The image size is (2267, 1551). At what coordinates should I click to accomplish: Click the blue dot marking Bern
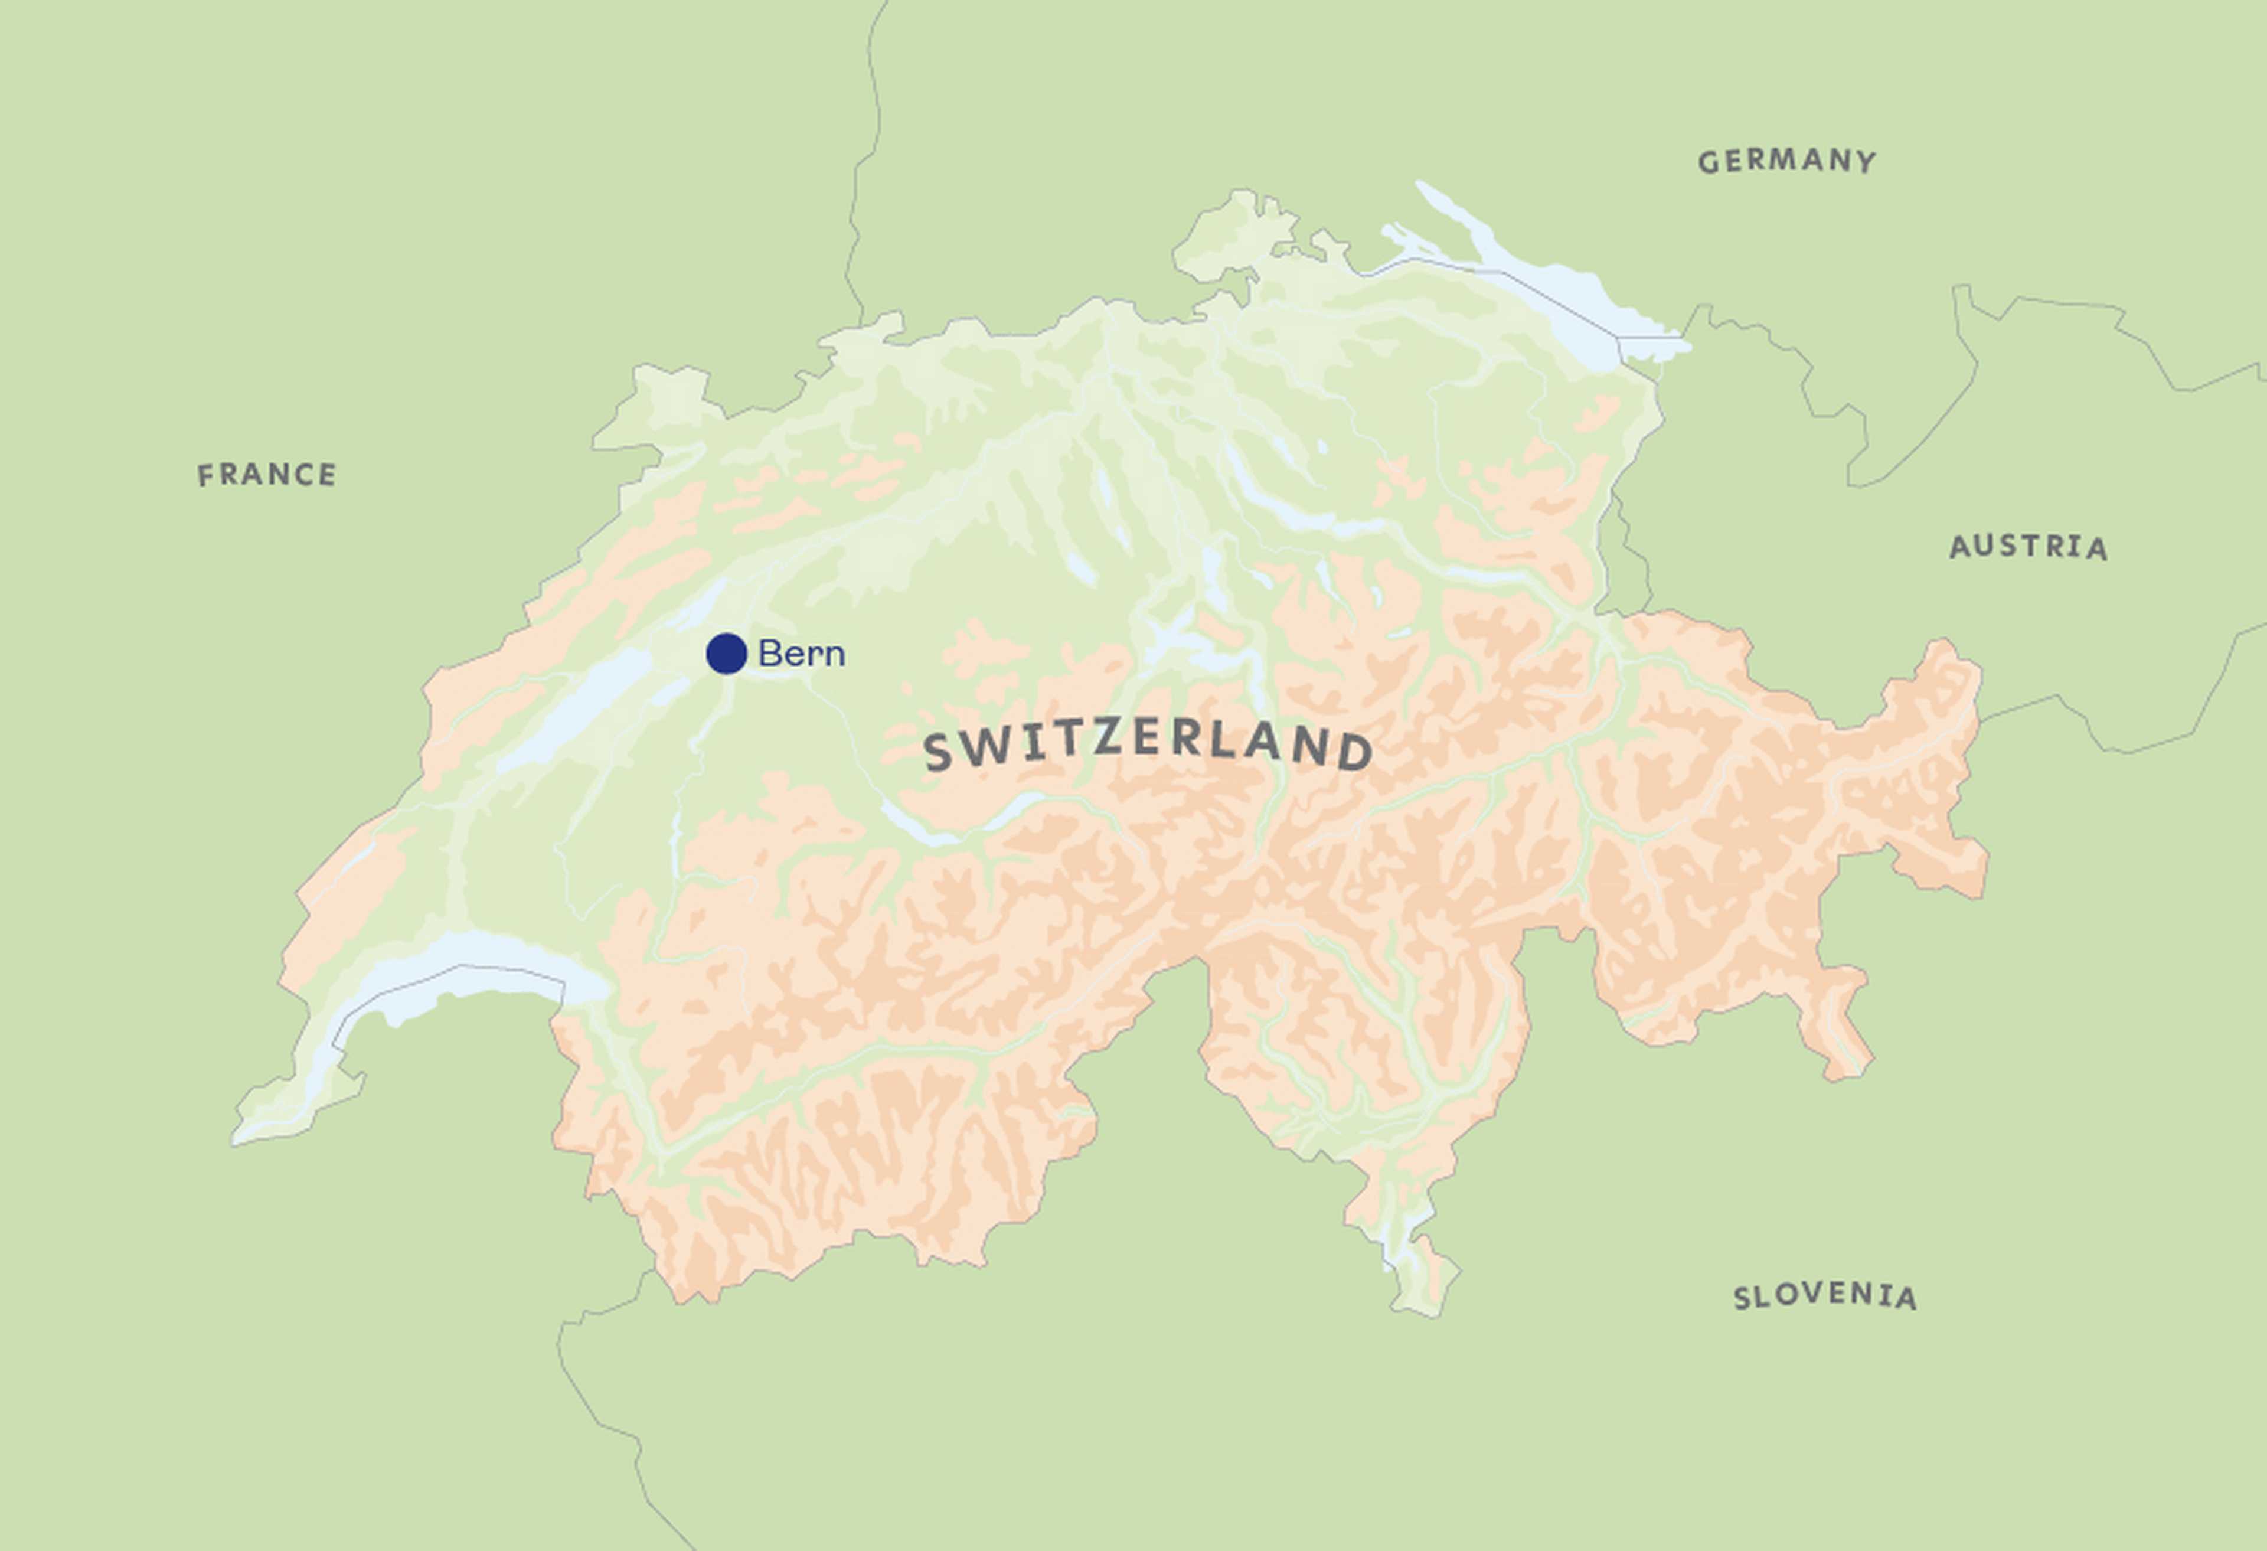(727, 654)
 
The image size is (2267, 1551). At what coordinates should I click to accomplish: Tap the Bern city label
(801, 654)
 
